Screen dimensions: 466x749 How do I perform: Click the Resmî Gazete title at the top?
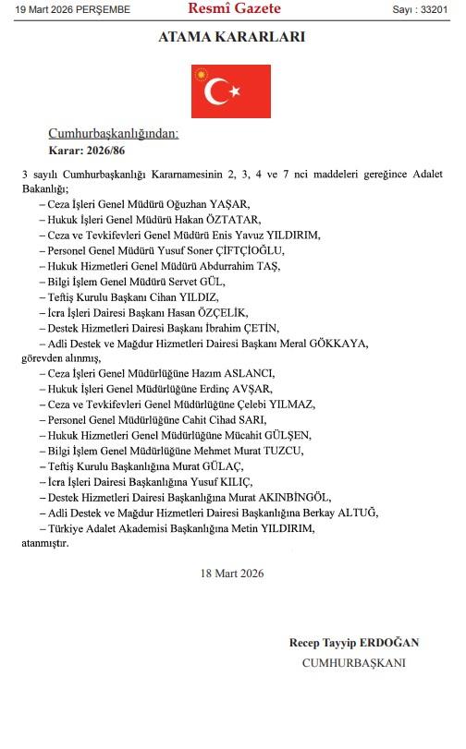[x=233, y=10]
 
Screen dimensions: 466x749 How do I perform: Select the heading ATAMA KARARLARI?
[x=233, y=38]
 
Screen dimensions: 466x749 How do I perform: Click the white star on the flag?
[x=236, y=90]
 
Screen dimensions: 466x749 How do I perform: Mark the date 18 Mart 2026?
[x=233, y=574]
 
